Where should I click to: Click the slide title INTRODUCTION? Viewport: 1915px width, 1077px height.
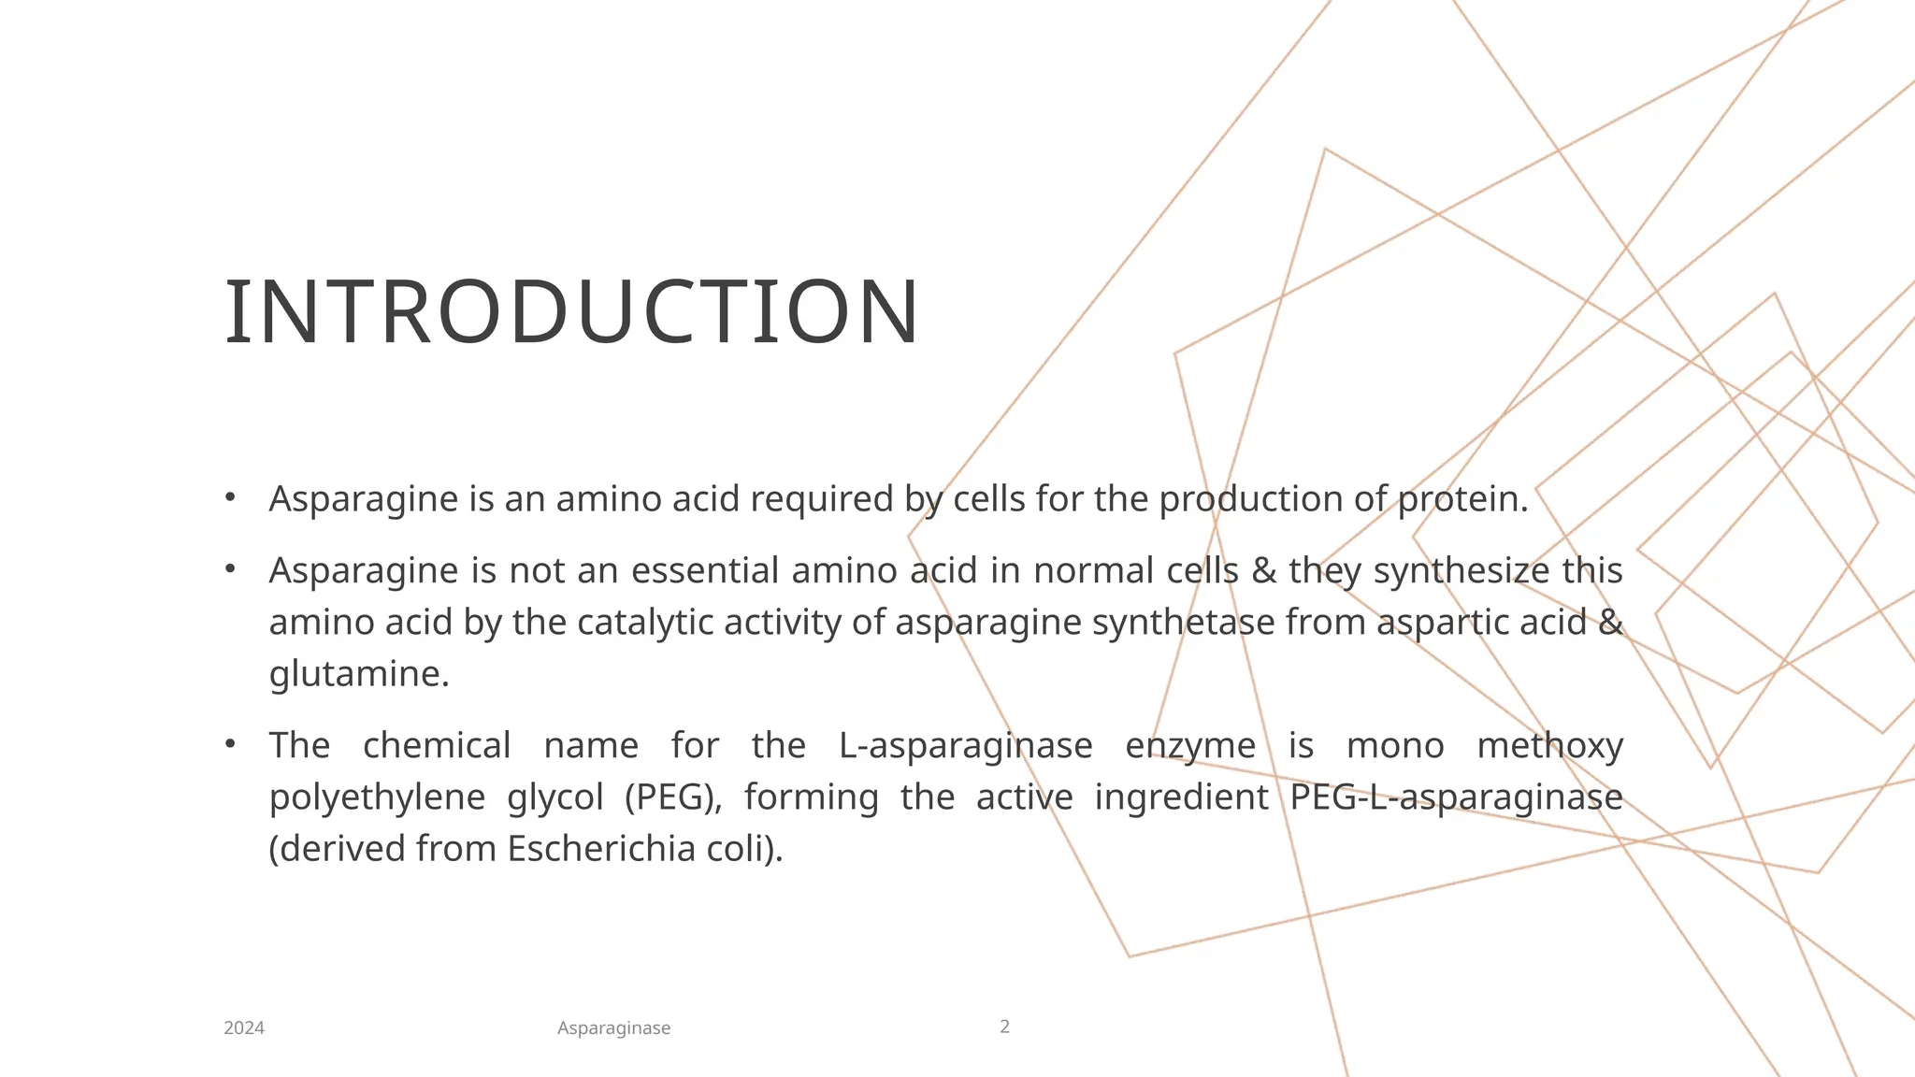click(572, 312)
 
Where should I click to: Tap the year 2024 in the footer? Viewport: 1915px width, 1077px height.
click(244, 1028)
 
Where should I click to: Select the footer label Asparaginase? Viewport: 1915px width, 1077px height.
click(613, 1028)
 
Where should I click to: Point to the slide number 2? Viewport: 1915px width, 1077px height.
click(1005, 1027)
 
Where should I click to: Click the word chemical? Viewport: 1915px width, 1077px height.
click(437, 746)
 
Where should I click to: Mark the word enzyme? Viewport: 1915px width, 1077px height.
click(1190, 746)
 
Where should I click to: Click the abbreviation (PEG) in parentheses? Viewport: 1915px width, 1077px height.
click(673, 797)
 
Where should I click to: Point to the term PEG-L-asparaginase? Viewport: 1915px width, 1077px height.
click(1456, 797)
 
